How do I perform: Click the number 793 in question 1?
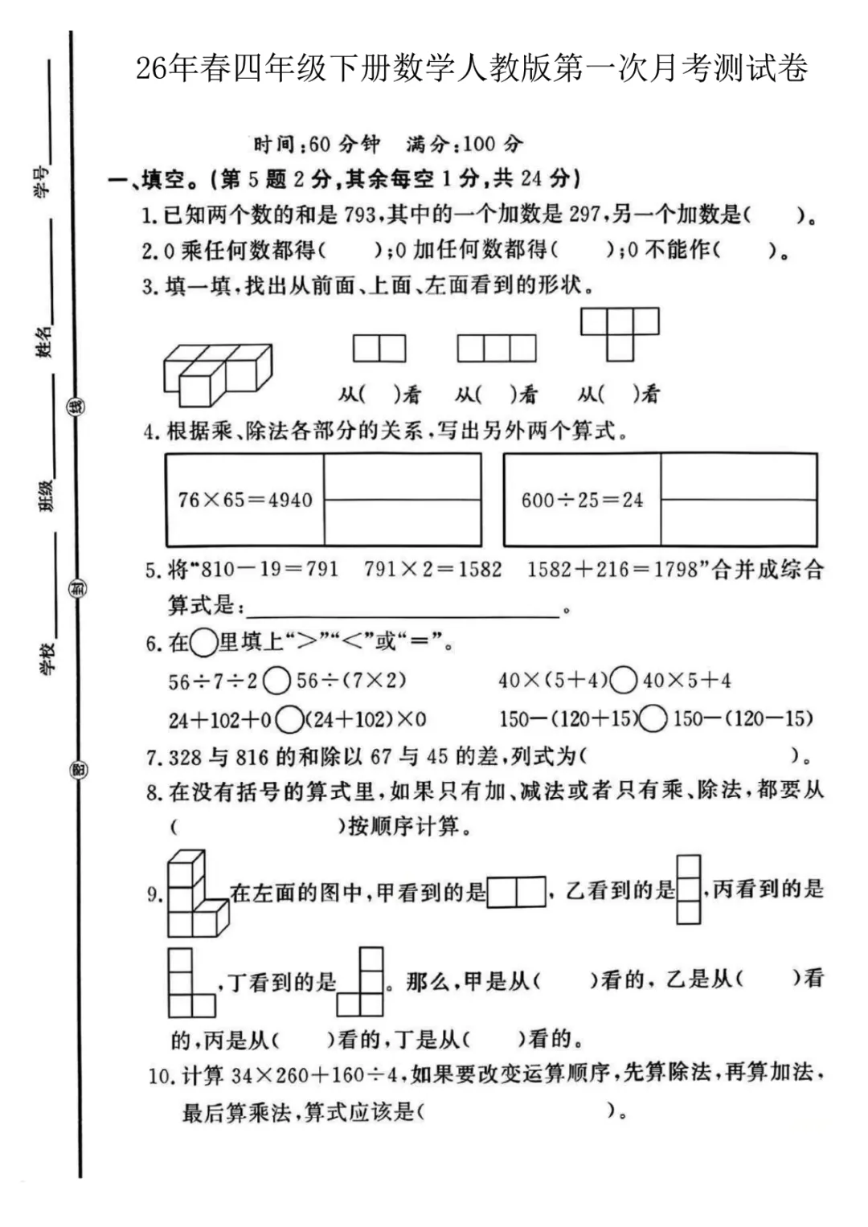[x=360, y=215]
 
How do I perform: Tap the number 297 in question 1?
[x=584, y=215]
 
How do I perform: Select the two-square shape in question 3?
[x=379, y=349]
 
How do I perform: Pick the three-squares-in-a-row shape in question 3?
[x=497, y=349]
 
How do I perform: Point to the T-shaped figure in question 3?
[x=620, y=333]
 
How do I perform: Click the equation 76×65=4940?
[x=245, y=500]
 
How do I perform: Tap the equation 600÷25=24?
[x=582, y=500]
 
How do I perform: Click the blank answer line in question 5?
[x=402, y=608]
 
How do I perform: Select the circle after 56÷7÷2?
[x=276, y=681]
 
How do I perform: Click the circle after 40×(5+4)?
[x=623, y=681]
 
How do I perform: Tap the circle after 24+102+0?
[x=289, y=719]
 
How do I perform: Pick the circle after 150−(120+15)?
[x=653, y=718]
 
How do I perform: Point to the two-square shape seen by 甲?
[x=516, y=892]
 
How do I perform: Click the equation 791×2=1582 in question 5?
[x=432, y=570]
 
